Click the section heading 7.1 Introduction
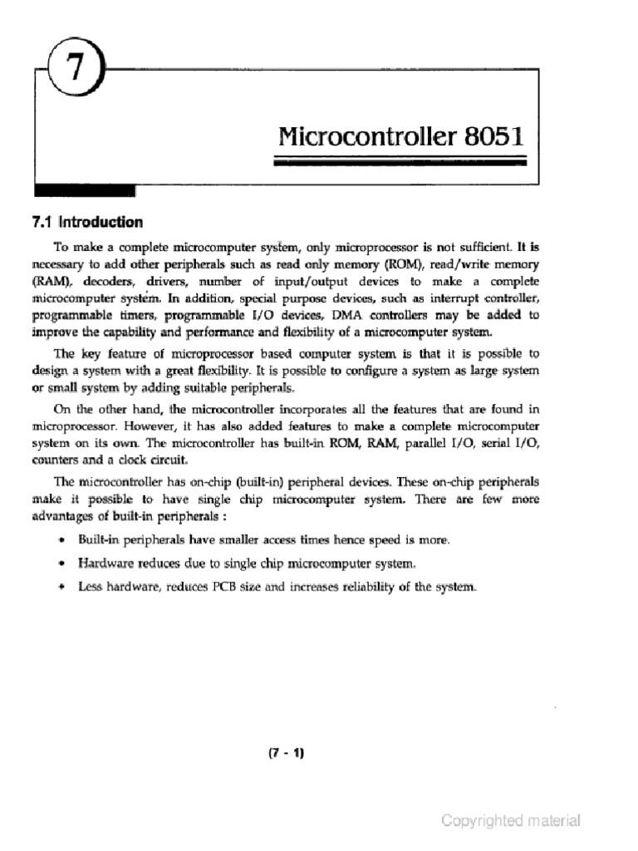pyautogui.click(x=86, y=222)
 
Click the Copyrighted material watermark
pyautogui.click(x=511, y=821)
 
